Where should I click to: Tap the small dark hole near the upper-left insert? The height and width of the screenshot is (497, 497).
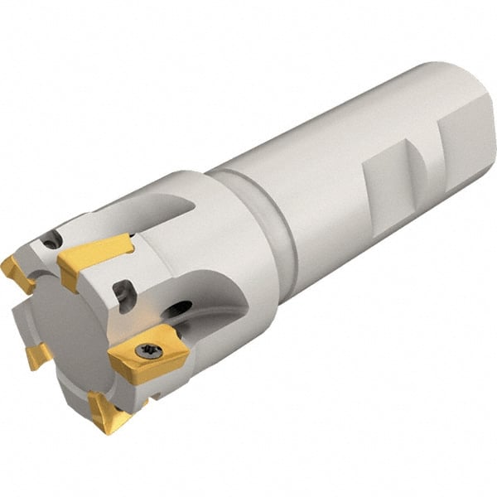coord(51,240)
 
